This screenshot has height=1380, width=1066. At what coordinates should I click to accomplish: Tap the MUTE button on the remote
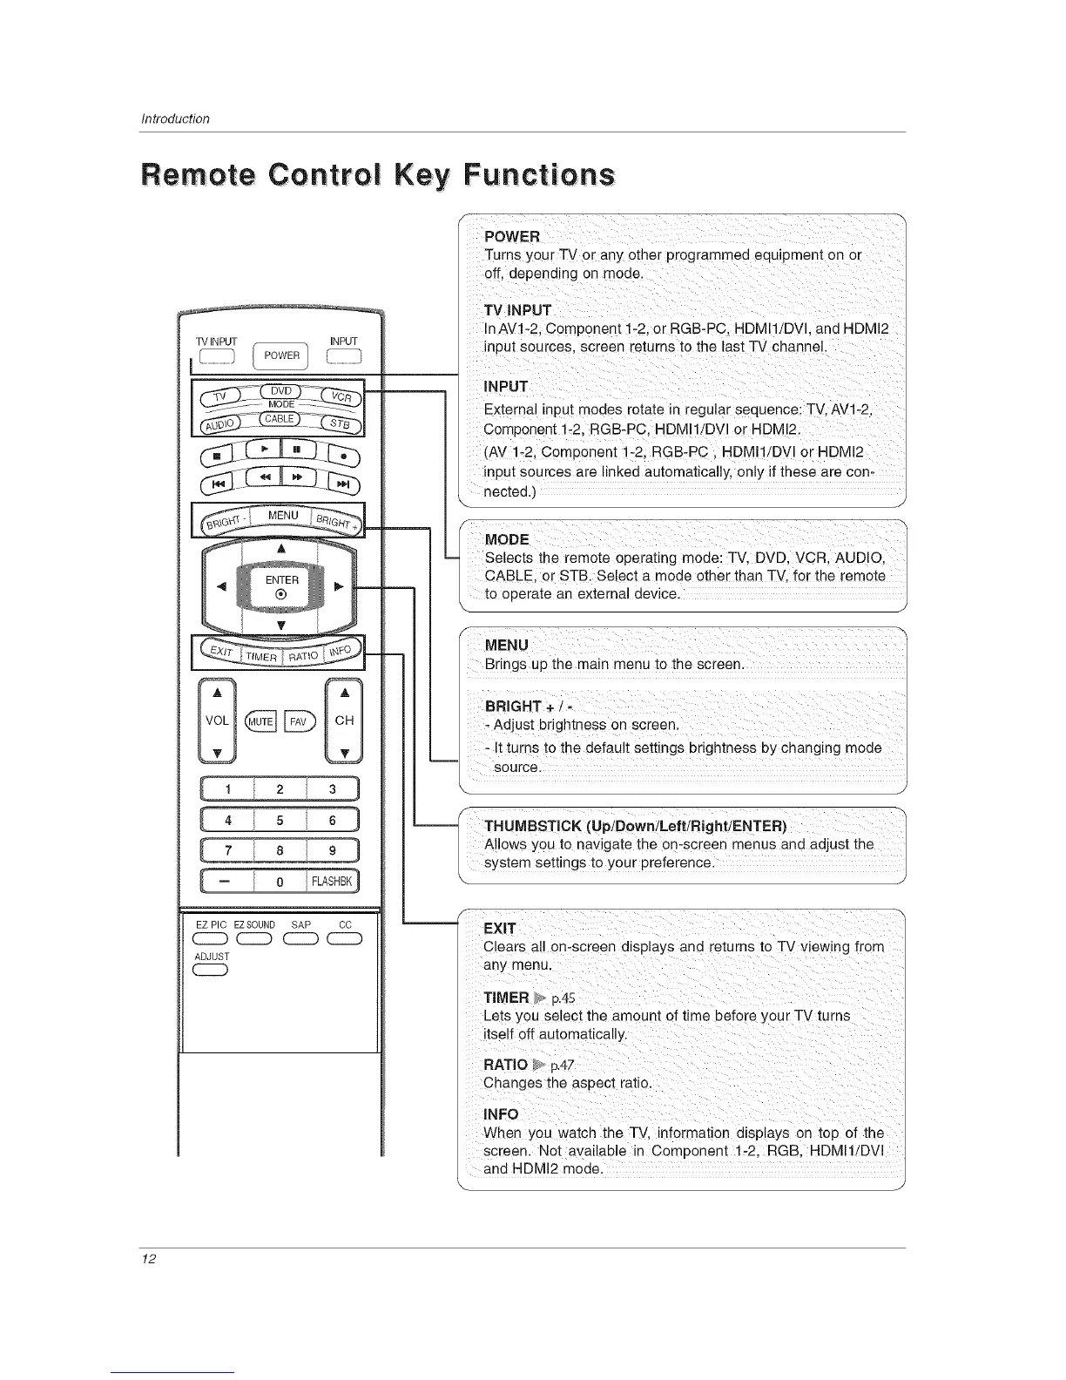pyautogui.click(x=261, y=720)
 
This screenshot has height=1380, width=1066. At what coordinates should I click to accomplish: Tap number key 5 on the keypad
pyautogui.click(x=280, y=820)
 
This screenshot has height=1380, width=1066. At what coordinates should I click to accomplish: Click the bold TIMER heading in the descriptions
pyautogui.click(x=506, y=998)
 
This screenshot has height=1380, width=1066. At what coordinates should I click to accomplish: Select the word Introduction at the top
pyautogui.click(x=175, y=118)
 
